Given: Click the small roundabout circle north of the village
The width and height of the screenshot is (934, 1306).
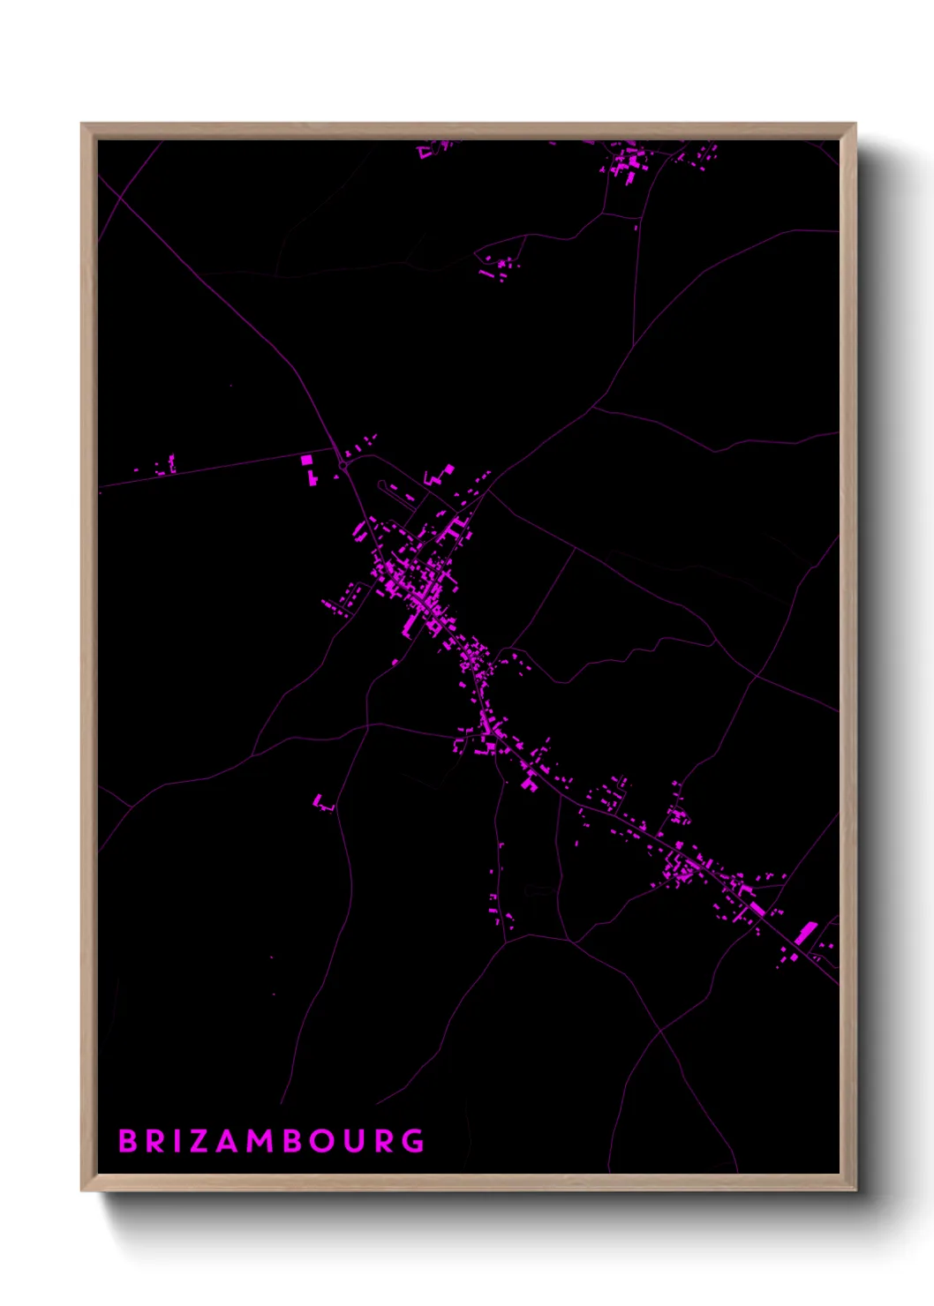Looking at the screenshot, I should click(343, 465).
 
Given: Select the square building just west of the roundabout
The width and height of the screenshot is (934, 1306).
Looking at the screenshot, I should click(306, 460).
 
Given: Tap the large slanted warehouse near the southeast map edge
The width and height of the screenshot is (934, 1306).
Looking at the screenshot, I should click(806, 933).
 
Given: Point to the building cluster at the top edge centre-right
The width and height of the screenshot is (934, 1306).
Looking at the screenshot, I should click(629, 163).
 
